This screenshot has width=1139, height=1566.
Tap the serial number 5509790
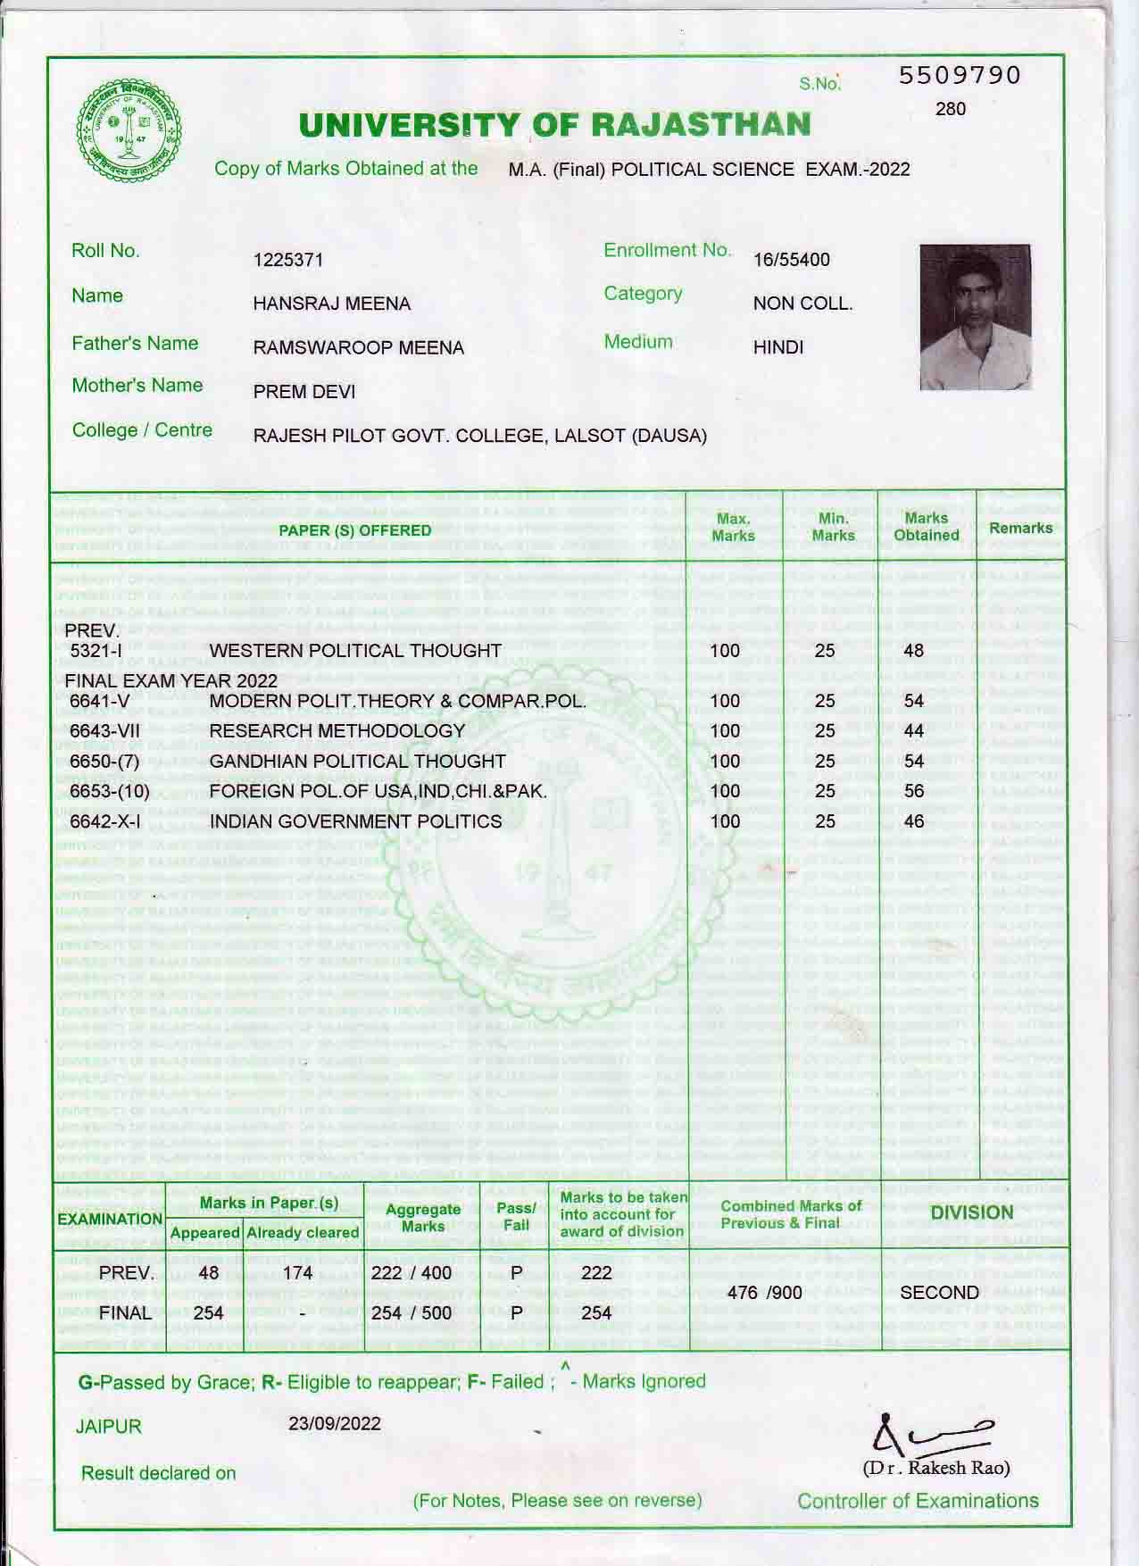coord(959,75)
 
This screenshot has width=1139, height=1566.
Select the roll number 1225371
coord(288,260)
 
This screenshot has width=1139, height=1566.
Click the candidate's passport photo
coord(975,317)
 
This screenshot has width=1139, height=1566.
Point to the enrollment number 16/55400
coord(791,260)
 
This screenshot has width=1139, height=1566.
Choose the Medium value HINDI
coord(778,347)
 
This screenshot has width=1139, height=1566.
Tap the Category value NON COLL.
coord(802,304)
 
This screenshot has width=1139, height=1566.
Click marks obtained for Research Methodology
coord(913,731)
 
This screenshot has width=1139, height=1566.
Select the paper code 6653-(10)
coord(110,791)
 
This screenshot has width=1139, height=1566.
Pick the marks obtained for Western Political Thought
coord(913,651)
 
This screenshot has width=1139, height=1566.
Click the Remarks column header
coord(1020,528)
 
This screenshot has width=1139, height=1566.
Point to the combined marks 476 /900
coord(765,1293)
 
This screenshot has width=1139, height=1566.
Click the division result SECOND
coord(939,1293)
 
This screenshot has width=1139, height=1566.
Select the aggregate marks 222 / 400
coord(411,1273)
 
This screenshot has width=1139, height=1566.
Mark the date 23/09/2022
coord(335,1423)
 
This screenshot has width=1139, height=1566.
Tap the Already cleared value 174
coord(297,1273)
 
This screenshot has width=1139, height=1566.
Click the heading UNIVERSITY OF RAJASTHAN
coord(554,126)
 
